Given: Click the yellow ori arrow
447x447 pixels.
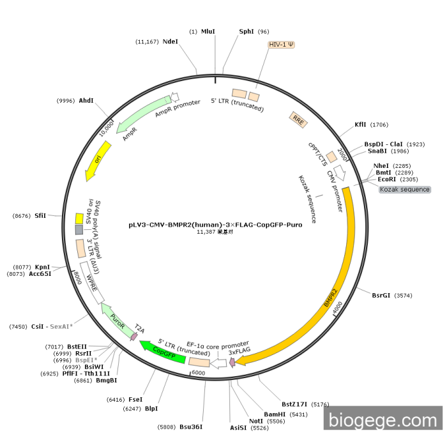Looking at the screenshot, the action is click(98, 160).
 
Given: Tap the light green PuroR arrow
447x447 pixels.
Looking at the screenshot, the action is click(117, 321).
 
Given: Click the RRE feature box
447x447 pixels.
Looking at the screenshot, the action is click(298, 120).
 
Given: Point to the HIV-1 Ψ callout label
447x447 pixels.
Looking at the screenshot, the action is click(282, 45).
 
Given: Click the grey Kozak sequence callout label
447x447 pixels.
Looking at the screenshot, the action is click(405, 189).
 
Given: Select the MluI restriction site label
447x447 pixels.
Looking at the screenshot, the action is click(208, 31).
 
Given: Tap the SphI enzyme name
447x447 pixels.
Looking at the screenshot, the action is click(246, 31).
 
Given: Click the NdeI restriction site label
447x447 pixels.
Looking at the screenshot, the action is click(170, 42).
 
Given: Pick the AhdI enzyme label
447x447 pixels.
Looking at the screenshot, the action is click(86, 101).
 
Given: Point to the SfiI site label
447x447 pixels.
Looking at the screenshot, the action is click(40, 216).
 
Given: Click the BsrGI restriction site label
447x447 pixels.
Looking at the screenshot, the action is click(381, 295).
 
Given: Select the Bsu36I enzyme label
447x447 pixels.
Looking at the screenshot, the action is click(191, 427).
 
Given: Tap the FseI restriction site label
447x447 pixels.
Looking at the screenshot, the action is click(135, 399).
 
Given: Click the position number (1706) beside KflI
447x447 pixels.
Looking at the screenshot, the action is click(379, 125).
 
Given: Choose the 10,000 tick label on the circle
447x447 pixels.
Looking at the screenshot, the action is click(107, 128).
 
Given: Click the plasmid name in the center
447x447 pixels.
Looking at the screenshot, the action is click(215, 225).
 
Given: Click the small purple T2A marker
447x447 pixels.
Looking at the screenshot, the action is click(134, 337).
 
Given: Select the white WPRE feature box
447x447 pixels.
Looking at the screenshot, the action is click(92, 283).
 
